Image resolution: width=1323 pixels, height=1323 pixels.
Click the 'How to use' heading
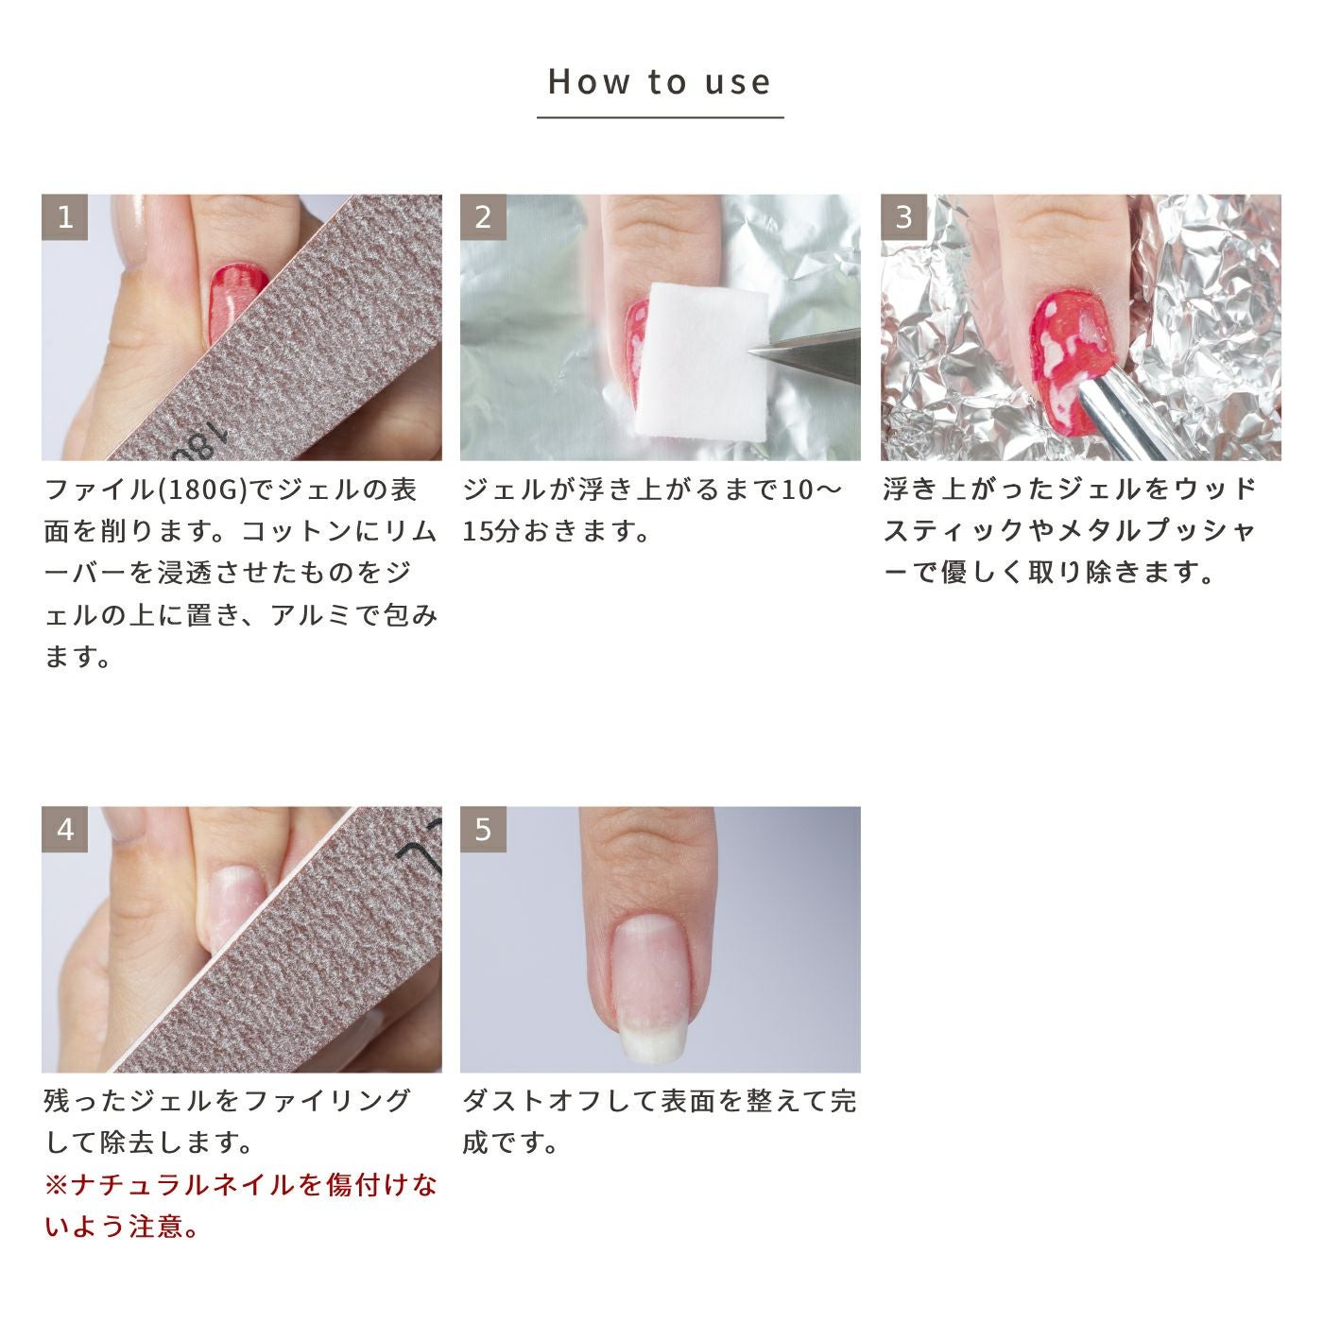pyautogui.click(x=660, y=81)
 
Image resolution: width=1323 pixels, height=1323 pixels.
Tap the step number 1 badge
pyautogui.click(x=64, y=217)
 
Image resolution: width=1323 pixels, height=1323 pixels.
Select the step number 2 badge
pyautogui.click(x=483, y=217)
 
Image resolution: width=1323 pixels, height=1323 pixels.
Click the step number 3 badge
pyautogui.click(x=903, y=217)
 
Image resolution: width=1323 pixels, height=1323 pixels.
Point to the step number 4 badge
pyautogui.click(x=64, y=830)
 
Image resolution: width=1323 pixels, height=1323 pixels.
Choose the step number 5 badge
pyautogui.click(x=483, y=830)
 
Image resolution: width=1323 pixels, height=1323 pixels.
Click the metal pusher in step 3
pyautogui.click(x=1125, y=419)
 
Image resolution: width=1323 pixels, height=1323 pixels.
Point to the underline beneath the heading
pyautogui.click(x=660, y=117)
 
